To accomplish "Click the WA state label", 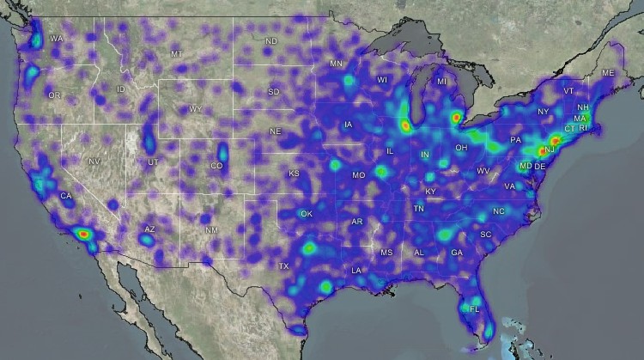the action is (x=57, y=39).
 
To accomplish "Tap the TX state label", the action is (x=283, y=266).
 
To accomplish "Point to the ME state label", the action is (x=609, y=74).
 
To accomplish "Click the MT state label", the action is (x=177, y=54).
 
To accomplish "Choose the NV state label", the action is (x=94, y=162).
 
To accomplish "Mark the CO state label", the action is (x=217, y=166).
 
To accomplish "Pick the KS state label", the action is (x=294, y=174).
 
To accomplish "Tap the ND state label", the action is (x=271, y=41).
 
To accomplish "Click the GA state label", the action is (x=457, y=253).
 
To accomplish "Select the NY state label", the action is (x=543, y=113).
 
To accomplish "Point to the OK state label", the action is (x=307, y=214).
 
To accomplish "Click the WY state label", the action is (x=196, y=109).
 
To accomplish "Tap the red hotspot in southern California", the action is (x=82, y=232).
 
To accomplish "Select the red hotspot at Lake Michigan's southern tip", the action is (x=404, y=125).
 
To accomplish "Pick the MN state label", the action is (x=337, y=64).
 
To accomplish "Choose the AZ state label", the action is (x=149, y=229).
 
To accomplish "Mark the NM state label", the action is (x=211, y=230).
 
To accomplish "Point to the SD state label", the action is (x=274, y=92).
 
